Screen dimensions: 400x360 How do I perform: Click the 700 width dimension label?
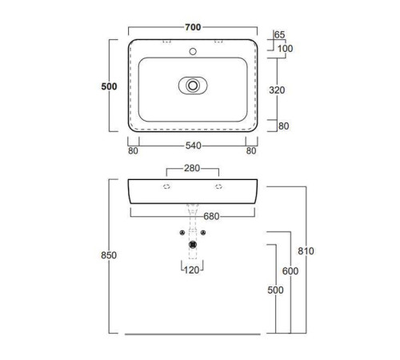(x=193, y=27)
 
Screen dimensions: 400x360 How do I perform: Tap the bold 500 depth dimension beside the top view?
(x=109, y=86)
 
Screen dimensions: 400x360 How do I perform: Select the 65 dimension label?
(x=279, y=34)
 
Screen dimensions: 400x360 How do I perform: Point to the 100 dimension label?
(x=285, y=49)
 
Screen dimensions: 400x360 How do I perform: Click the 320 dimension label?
(x=277, y=90)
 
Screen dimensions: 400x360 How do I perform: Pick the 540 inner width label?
(x=194, y=146)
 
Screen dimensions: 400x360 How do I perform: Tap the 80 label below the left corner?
(x=133, y=151)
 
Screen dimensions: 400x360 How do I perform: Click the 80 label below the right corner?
(x=251, y=151)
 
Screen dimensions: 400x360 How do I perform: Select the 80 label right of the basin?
(x=283, y=126)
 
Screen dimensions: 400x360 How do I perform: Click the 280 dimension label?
(x=192, y=168)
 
